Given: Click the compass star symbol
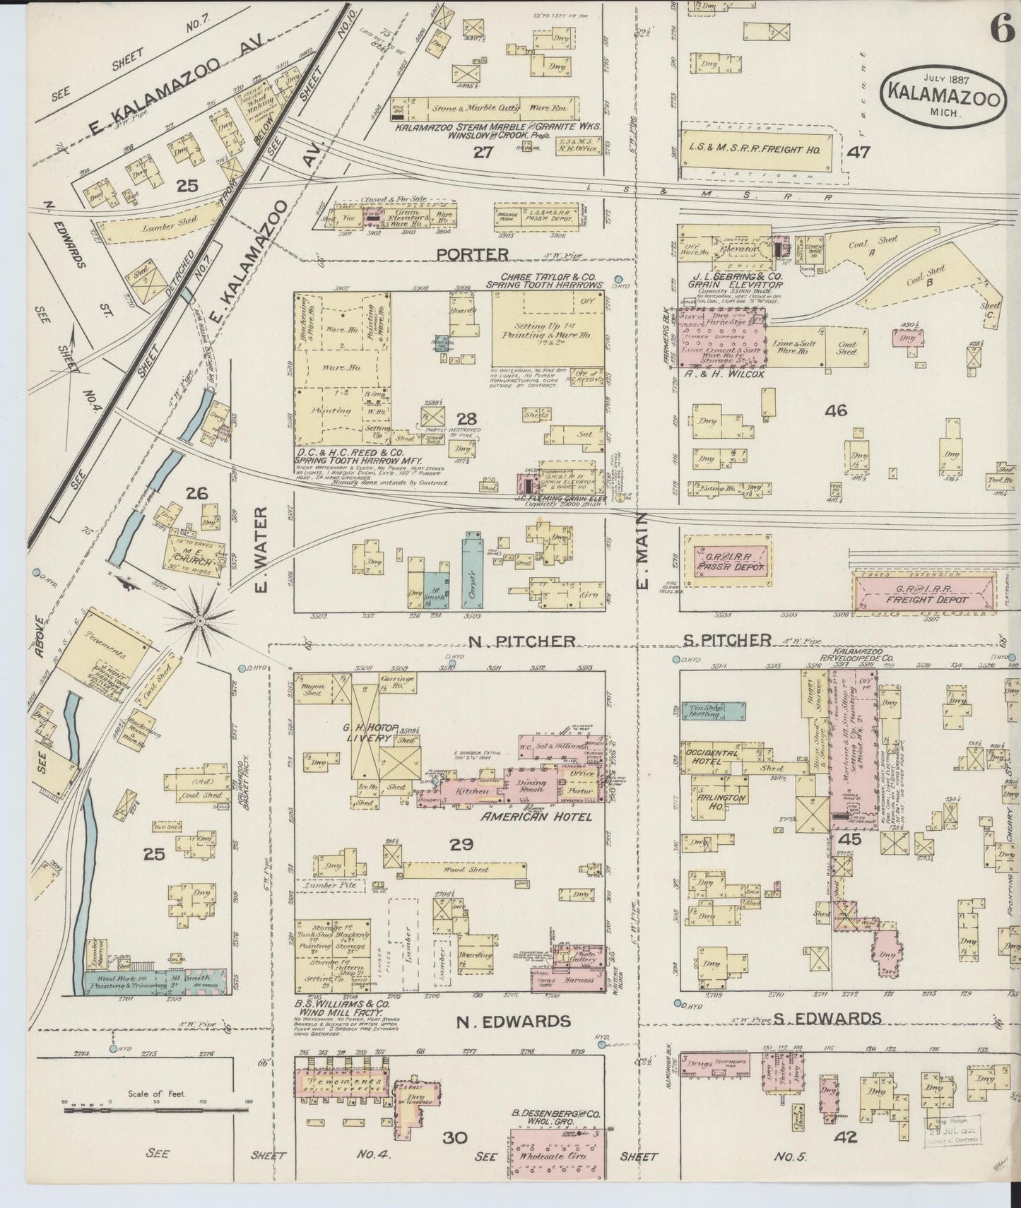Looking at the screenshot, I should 201,620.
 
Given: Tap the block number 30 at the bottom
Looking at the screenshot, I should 456,1157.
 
